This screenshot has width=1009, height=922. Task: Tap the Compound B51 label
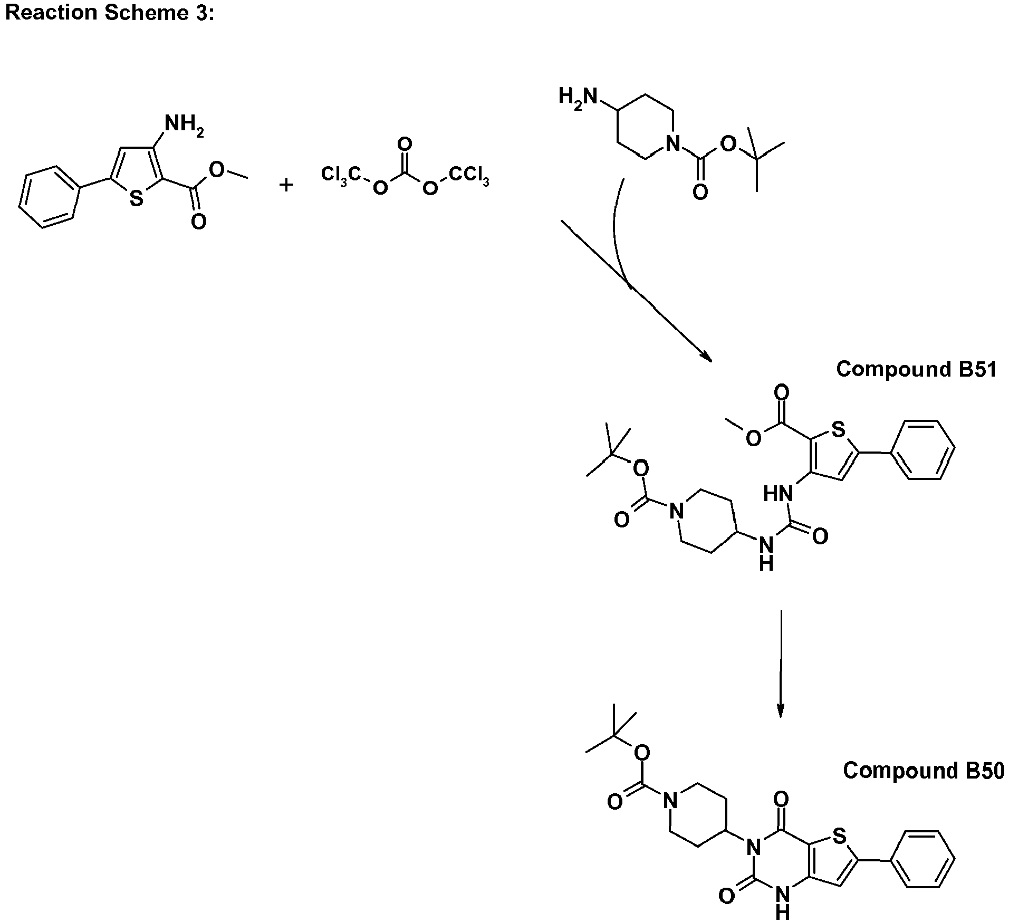(916, 369)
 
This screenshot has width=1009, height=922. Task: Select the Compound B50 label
(923, 771)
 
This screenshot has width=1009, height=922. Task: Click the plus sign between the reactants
(286, 185)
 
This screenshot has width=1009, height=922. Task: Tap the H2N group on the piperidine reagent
(578, 97)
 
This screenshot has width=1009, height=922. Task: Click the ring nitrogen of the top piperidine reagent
(671, 143)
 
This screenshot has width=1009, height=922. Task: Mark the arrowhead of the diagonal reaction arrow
(707, 357)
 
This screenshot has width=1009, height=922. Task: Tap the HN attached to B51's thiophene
(778, 494)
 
